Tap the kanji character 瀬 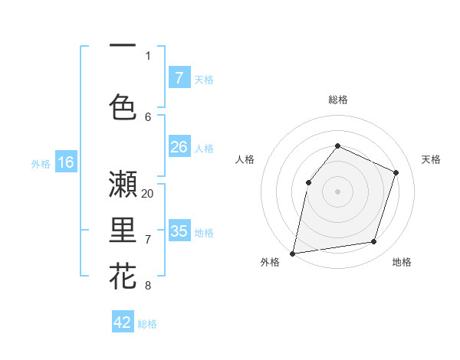pos(123,185)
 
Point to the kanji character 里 pos(123,231)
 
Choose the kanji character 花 pos(123,277)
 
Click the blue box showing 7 pos(179,77)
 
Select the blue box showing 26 pos(179,147)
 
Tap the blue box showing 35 pos(179,231)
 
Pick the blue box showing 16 pos(65,162)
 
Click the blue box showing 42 pos(123,322)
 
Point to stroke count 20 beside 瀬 pos(148,193)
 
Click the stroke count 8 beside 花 pos(148,286)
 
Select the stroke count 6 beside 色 pos(148,116)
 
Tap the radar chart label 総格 pos(337,100)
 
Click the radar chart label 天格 pos(432,159)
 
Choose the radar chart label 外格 pos(270,262)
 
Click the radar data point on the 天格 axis pos(396,172)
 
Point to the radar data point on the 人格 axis pos(308,182)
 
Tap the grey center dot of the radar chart pos(337,191)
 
